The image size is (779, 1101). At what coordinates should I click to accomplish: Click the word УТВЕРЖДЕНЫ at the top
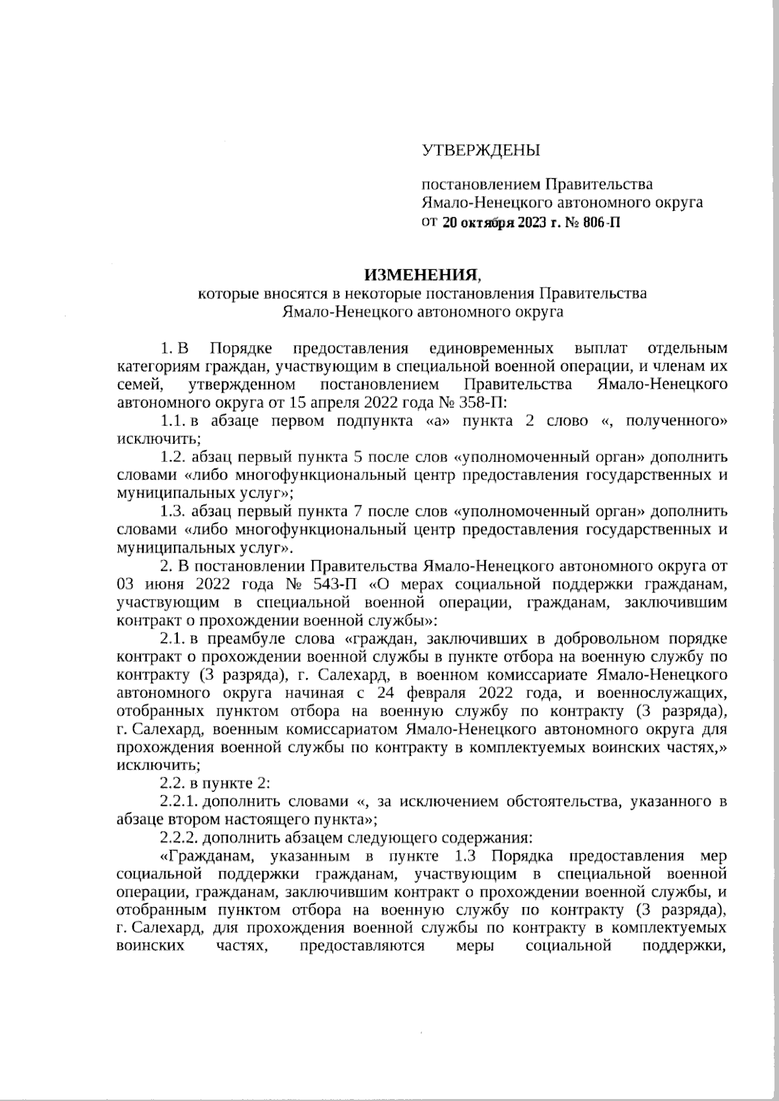(x=481, y=151)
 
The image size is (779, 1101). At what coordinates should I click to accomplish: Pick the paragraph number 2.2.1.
(x=177, y=801)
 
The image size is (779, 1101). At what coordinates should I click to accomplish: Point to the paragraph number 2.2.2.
(x=177, y=838)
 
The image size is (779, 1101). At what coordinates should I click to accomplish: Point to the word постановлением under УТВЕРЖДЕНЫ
(x=480, y=184)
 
